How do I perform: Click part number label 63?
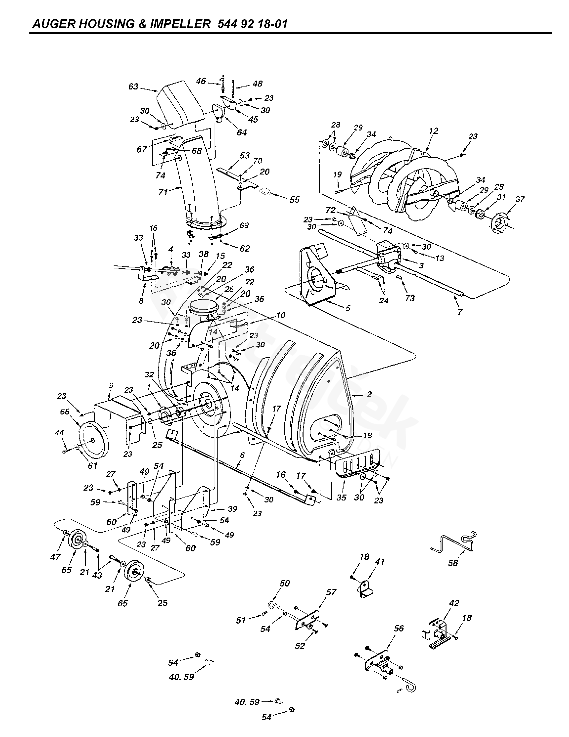pos(133,87)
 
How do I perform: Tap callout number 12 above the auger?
pos(433,131)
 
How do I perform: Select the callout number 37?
pos(520,199)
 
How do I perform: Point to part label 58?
pos(453,563)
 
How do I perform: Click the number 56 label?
pos(399,628)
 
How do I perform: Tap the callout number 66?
pos(64,412)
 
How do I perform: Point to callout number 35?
pos(341,498)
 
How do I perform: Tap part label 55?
pos(294,199)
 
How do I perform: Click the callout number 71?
pos(163,192)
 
